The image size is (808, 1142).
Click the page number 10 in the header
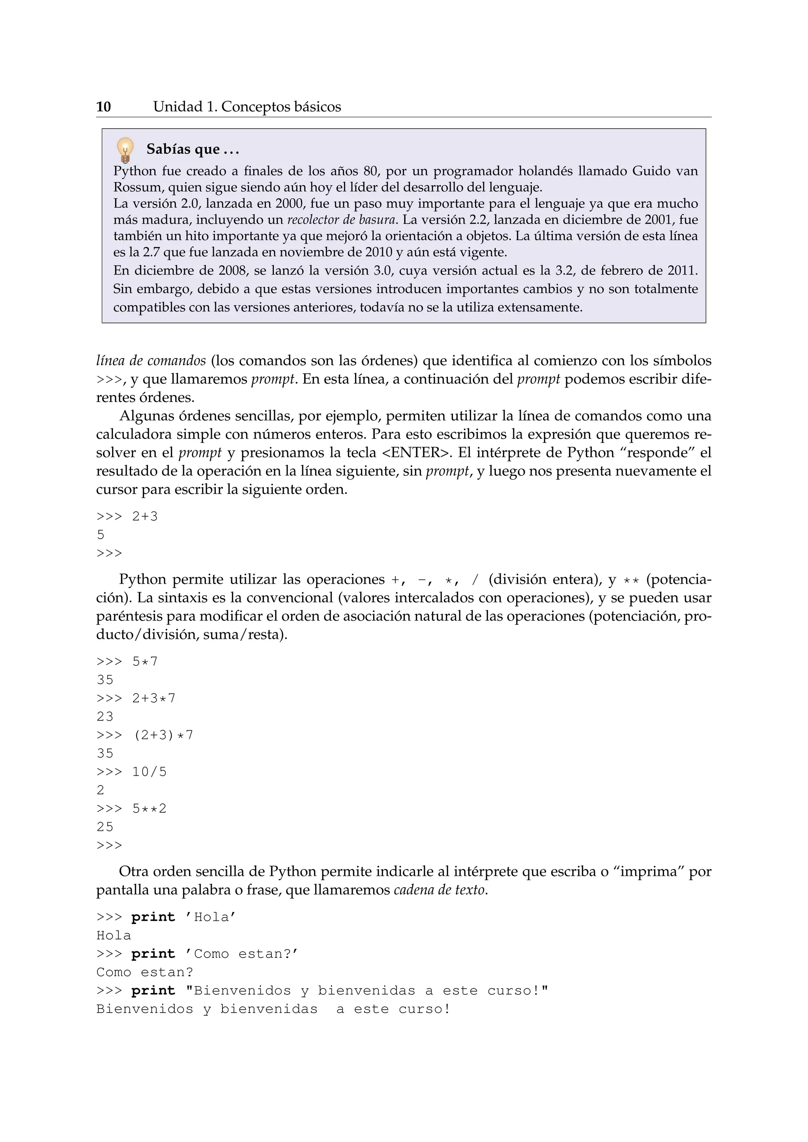[103, 107]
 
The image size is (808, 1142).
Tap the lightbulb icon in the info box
[125, 150]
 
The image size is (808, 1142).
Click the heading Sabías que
[193, 149]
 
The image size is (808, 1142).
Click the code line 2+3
[144, 516]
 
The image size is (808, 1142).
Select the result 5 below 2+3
[101, 535]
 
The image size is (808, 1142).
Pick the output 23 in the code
[105, 716]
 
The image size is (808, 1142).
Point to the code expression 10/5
[149, 771]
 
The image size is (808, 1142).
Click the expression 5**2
[149, 808]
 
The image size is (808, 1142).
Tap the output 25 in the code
[105, 827]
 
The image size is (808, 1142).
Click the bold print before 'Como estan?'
[153, 954]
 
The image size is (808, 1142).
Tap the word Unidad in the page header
[178, 107]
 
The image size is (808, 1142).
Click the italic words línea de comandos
[151, 360]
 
